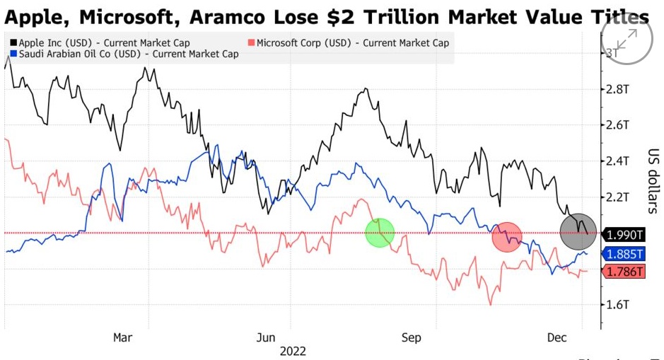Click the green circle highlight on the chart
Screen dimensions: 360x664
tap(380, 233)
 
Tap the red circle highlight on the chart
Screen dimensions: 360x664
tap(507, 237)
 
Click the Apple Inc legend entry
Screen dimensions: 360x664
tap(99, 42)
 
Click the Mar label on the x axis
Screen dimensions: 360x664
tap(123, 337)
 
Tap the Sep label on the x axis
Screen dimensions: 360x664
tap(411, 337)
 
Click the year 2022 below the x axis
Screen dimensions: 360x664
tap(293, 350)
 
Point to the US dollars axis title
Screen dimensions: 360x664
tap(651, 181)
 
